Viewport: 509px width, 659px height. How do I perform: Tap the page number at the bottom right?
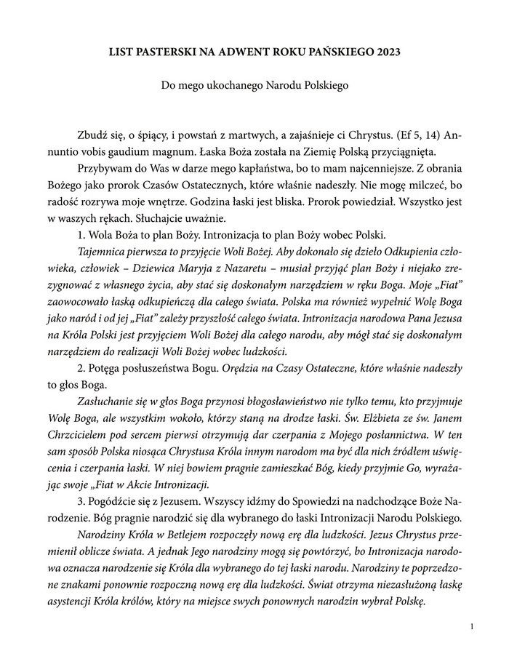pos(473,626)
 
